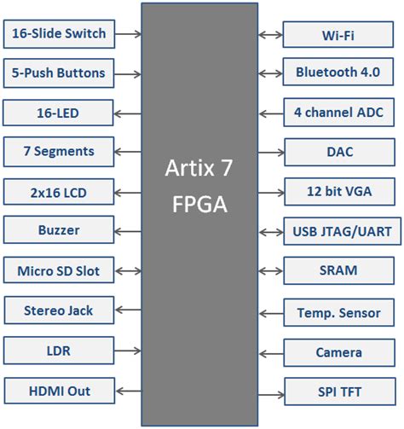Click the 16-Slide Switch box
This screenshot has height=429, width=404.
(x=58, y=34)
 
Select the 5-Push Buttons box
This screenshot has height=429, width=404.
(x=58, y=72)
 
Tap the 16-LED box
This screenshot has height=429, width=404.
(x=58, y=112)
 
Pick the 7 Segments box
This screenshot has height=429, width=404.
(x=58, y=152)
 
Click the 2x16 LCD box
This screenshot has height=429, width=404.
(x=58, y=191)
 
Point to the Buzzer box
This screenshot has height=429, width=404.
(x=58, y=230)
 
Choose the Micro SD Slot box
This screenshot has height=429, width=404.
(x=58, y=271)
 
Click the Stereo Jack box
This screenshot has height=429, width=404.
(x=58, y=310)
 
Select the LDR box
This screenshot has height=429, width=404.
(x=58, y=351)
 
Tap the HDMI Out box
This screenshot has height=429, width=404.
(x=58, y=391)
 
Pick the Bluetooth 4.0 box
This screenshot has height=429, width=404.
(x=338, y=72)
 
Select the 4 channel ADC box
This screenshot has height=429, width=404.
(x=338, y=112)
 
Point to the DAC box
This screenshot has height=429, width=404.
(x=338, y=153)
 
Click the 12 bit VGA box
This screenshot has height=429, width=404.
(x=338, y=191)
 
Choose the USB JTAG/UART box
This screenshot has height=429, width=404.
(x=338, y=231)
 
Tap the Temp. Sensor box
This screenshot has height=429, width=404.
(x=338, y=312)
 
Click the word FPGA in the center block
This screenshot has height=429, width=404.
(x=199, y=206)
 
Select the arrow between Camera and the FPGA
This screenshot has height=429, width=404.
(x=270, y=352)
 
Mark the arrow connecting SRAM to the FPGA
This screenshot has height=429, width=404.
(x=270, y=271)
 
